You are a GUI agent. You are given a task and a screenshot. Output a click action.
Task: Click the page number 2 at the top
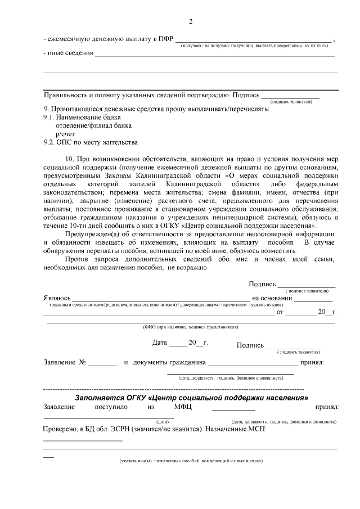point(191,21)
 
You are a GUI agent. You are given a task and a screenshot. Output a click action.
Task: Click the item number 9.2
point(49,142)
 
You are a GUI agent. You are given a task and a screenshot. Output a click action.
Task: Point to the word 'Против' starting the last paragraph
point(76,259)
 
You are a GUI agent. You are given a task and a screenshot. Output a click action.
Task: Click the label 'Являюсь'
point(57,297)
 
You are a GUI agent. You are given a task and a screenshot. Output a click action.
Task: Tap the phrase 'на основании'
point(273,297)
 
